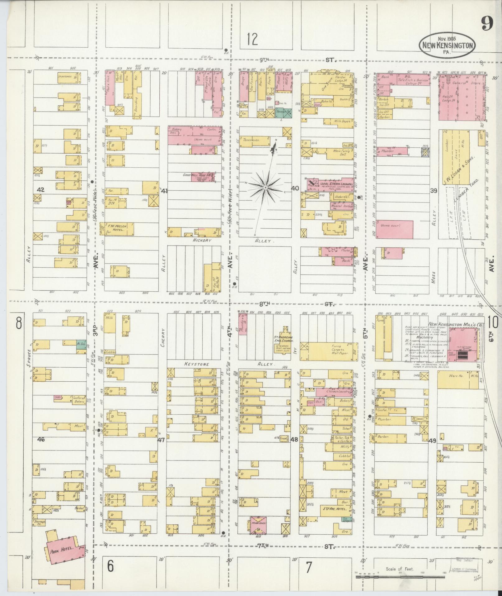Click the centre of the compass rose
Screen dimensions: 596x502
click(x=265, y=187)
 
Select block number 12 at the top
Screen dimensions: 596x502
click(x=252, y=40)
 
